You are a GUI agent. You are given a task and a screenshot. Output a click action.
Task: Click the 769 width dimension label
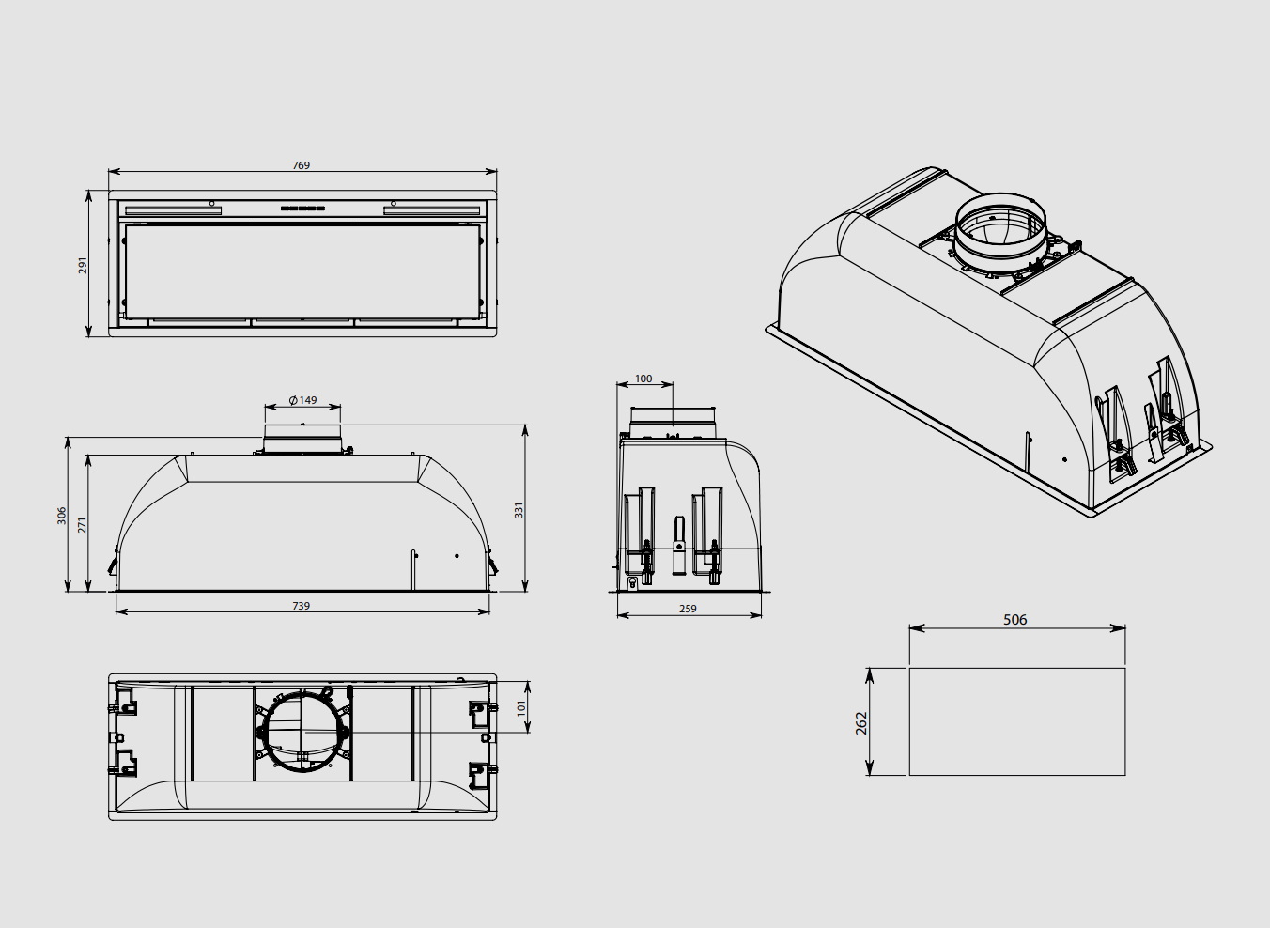(301, 165)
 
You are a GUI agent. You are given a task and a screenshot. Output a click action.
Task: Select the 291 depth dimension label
(83, 265)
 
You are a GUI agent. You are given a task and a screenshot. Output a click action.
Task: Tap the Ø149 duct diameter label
(302, 400)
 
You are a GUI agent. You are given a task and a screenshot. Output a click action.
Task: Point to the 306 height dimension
(62, 516)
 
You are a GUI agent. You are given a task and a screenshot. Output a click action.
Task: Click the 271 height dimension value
(83, 524)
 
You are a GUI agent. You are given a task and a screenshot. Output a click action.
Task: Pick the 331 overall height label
(519, 510)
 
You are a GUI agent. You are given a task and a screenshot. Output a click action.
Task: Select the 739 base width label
(301, 606)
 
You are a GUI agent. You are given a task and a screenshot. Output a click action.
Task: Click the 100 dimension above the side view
(643, 379)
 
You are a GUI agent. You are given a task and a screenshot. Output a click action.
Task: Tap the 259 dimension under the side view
(688, 609)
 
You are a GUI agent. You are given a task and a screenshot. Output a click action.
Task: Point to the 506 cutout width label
(1014, 620)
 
